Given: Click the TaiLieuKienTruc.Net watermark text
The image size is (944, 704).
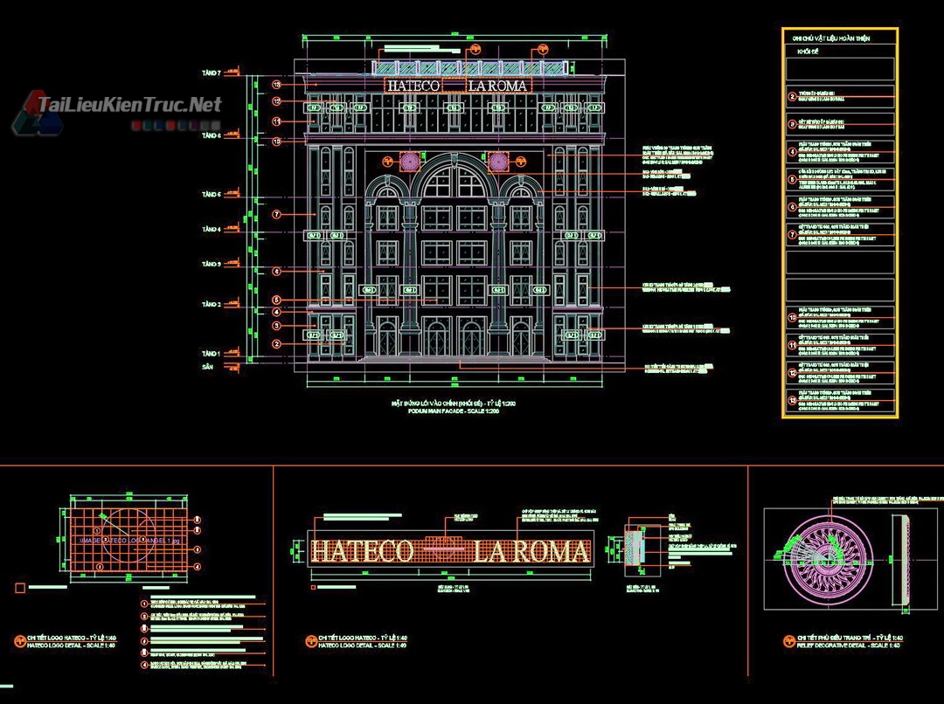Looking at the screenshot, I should (x=129, y=106).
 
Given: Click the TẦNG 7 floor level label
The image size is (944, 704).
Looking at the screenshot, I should (x=212, y=73).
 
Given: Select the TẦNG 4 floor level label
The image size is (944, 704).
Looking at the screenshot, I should (x=212, y=230).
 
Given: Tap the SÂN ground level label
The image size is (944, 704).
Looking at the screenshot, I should (x=207, y=368).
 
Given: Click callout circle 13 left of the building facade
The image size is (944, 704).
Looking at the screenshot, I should (x=276, y=86).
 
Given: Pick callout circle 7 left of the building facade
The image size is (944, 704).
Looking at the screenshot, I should (x=276, y=214).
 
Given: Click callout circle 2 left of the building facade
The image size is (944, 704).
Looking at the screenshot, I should (x=276, y=344).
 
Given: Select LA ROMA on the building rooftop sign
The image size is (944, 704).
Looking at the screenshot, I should (x=498, y=86).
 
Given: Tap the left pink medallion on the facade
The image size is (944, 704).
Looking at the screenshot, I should (x=408, y=162).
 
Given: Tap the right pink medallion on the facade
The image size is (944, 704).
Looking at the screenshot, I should (x=498, y=162).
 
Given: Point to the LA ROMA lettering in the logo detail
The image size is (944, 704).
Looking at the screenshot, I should (x=531, y=552).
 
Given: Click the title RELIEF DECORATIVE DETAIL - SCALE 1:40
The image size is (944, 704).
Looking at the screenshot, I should (x=849, y=645).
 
